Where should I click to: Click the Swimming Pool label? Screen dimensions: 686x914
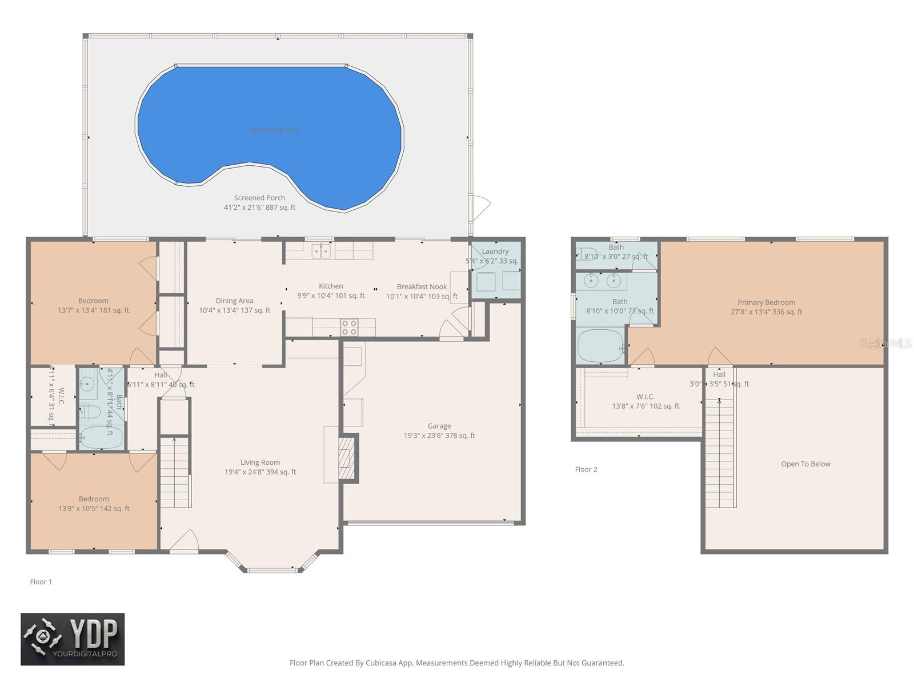tap(275, 130)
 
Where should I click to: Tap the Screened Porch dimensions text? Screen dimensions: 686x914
tap(259, 208)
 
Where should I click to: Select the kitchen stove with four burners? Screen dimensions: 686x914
tap(349, 328)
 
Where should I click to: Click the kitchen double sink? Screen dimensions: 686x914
tap(321, 250)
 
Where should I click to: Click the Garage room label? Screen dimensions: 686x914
tap(439, 426)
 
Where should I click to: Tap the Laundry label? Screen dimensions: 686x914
tap(495, 252)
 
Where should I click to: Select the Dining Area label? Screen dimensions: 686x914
tap(234, 301)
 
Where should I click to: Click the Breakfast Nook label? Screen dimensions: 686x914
tap(422, 287)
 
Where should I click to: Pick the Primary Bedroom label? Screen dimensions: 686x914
tap(766, 302)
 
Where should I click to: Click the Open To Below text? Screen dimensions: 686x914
tap(805, 464)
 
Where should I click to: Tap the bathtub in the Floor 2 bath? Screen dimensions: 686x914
tap(600, 346)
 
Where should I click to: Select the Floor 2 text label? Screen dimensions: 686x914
tap(586, 469)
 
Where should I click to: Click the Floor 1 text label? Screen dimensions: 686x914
tap(41, 582)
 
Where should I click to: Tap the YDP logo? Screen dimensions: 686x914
tap(73, 639)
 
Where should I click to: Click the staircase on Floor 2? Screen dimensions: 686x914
tap(720, 452)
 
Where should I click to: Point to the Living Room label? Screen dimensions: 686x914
tap(260, 462)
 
